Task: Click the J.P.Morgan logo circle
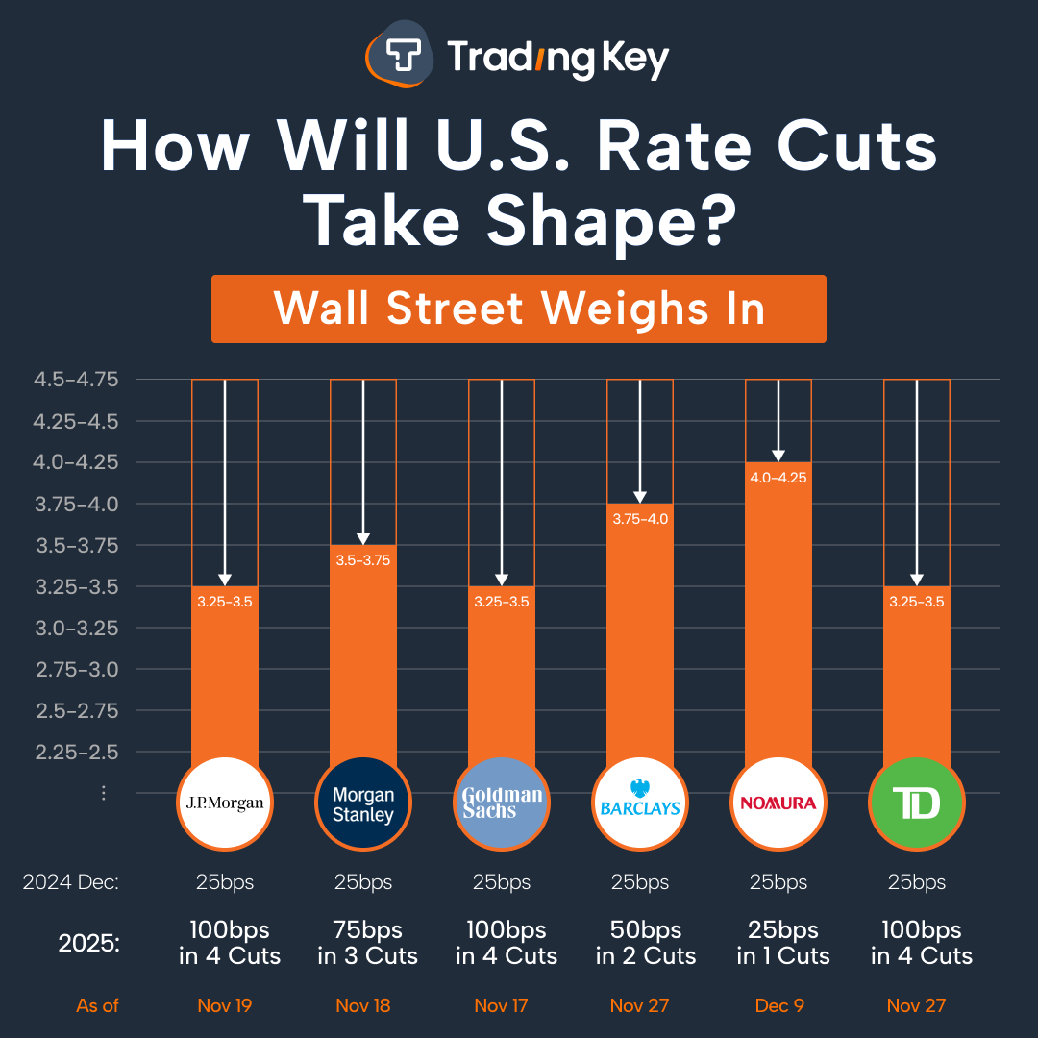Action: tap(225, 803)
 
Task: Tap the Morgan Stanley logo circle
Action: tap(363, 803)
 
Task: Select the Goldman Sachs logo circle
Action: tap(502, 803)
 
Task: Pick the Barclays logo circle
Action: tap(640, 803)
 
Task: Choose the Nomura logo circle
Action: tap(778, 803)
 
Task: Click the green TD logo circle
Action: tap(917, 803)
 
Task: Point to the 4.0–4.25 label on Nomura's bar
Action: tap(778, 478)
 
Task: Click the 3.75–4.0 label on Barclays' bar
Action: tap(640, 519)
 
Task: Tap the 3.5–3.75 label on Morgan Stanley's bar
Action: tap(363, 560)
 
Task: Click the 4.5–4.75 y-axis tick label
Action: tap(76, 380)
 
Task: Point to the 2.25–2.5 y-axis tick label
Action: tap(76, 752)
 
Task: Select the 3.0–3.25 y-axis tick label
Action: tap(76, 628)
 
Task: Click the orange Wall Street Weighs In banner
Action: tap(519, 309)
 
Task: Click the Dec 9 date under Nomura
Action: tap(778, 1006)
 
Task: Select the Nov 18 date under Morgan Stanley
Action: tap(363, 1006)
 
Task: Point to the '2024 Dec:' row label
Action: tap(71, 882)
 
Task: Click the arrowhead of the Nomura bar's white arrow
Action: tap(778, 456)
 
